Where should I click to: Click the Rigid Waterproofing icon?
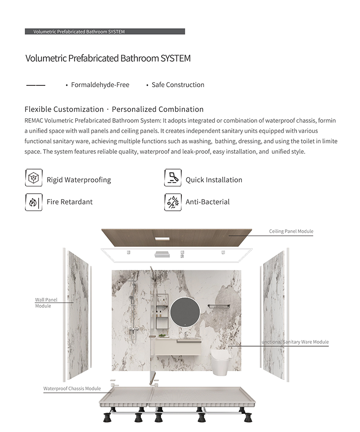click(33, 178)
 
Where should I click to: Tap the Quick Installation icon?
click(173, 178)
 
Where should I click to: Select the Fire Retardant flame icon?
click(33, 202)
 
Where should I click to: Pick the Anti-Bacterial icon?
click(173, 202)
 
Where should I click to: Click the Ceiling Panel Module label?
click(291, 232)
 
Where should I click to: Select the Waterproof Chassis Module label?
click(72, 388)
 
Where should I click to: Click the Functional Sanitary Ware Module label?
click(295, 342)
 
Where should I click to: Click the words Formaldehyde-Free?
click(100, 85)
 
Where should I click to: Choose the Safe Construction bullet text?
click(178, 85)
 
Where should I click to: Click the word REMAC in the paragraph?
click(34, 121)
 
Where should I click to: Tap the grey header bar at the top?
click(104, 32)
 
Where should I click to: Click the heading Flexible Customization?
click(64, 109)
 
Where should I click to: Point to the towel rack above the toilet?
click(219, 307)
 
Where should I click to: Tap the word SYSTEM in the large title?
click(175, 58)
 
